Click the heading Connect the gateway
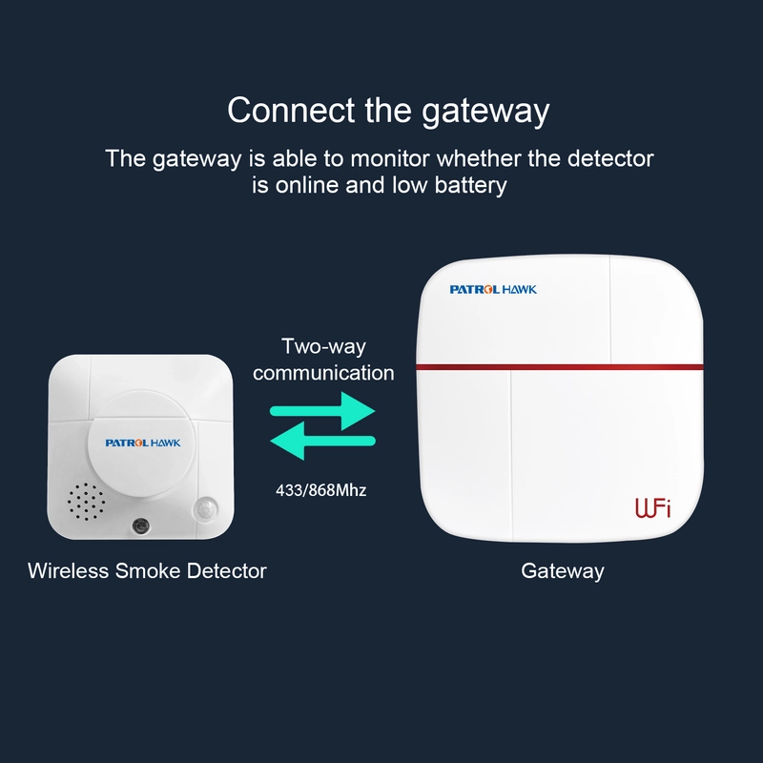tap(388, 111)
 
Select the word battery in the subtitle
tap(470, 185)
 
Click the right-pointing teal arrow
tap(322, 411)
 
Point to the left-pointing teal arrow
tap(322, 441)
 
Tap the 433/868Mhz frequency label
tap(321, 490)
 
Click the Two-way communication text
tap(323, 360)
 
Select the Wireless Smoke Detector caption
tap(147, 570)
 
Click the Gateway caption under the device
tap(563, 571)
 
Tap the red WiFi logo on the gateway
tap(653, 508)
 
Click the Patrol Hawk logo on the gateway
tap(493, 290)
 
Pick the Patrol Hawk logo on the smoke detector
tap(142, 443)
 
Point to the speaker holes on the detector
tap(86, 502)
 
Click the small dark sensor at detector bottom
tap(140, 526)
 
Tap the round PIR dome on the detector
tap(206, 510)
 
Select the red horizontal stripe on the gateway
tap(560, 366)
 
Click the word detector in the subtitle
tap(610, 158)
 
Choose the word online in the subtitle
tap(307, 185)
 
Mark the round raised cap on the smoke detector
tap(141, 443)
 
